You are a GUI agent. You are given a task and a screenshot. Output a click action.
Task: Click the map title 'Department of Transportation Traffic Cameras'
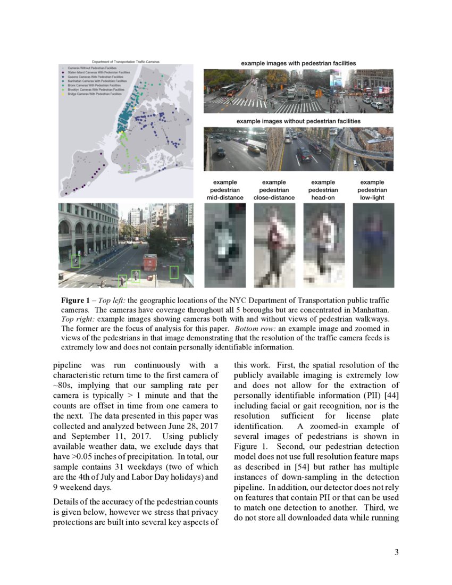125,62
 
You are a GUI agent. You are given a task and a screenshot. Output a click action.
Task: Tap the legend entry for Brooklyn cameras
96,90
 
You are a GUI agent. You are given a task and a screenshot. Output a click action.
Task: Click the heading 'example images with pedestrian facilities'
298,63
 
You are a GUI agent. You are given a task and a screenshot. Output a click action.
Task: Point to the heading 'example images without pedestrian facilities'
298,121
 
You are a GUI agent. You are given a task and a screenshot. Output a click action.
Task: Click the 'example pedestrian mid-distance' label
225,190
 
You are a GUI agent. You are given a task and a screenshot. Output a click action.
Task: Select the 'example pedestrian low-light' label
372,190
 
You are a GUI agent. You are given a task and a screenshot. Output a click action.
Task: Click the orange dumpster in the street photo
150,262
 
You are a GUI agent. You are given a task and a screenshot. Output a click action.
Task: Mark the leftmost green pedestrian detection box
76,261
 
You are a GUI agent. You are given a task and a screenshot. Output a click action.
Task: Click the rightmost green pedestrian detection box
174,272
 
